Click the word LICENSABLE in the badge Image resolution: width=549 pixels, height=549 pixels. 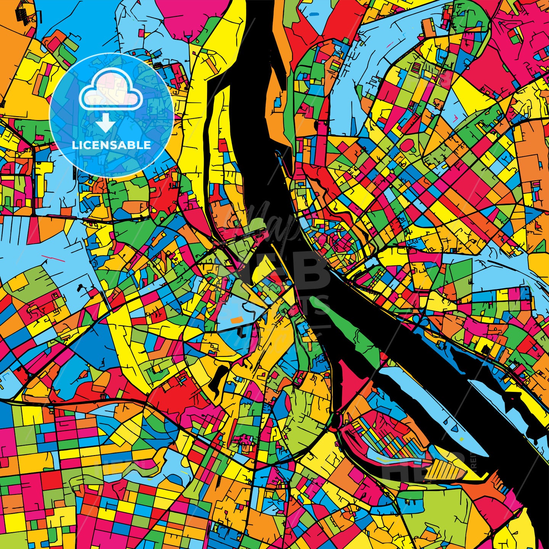(111, 145)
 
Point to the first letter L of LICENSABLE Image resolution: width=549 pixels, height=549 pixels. (74, 145)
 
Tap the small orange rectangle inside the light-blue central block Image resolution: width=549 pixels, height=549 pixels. (237, 319)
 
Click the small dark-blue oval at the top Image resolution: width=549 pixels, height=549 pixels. (315, 14)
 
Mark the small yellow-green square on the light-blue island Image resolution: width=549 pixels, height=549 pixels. (462, 439)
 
